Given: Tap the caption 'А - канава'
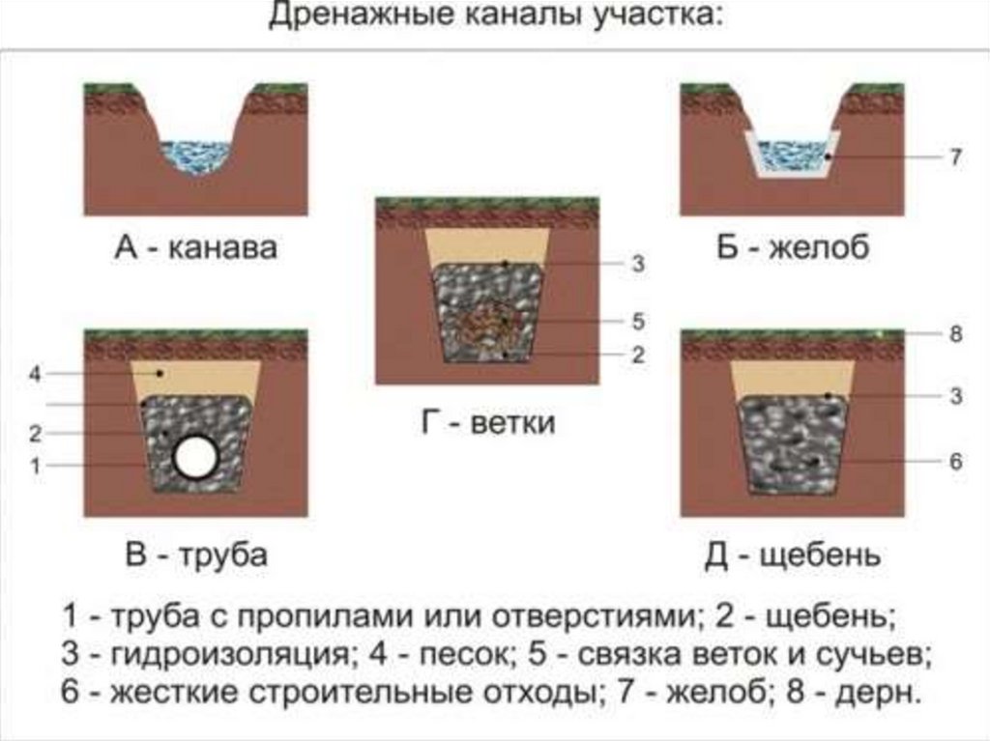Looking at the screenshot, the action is pyautogui.click(x=195, y=247).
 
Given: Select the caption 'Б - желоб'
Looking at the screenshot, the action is pyautogui.click(x=793, y=247).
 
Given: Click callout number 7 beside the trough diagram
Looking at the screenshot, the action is pyautogui.click(x=955, y=157).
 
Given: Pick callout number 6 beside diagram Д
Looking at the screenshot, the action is pyautogui.click(x=955, y=462).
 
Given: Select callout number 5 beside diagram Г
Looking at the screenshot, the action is pyautogui.click(x=638, y=321).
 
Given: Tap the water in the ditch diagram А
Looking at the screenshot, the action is pyautogui.click(x=195, y=154).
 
